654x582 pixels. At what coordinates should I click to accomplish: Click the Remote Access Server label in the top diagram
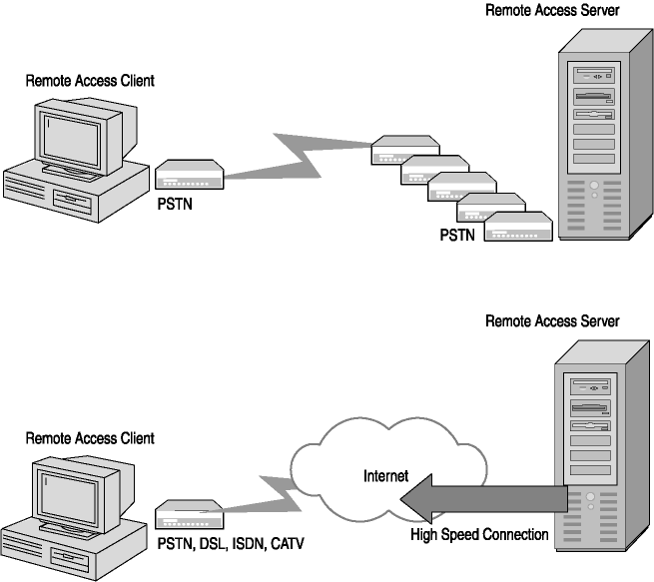coord(551,11)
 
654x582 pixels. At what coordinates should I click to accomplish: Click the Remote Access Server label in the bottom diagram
coord(551,321)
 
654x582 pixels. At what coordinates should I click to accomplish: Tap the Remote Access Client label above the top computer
coord(90,80)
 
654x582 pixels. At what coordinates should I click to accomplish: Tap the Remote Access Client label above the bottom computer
coord(90,438)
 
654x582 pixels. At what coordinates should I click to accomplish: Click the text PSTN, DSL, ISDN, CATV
coord(231,543)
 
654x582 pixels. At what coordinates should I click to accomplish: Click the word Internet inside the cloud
coord(385,476)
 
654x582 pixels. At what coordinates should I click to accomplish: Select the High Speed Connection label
coord(479,535)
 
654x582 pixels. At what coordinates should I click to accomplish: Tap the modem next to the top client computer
coord(189,176)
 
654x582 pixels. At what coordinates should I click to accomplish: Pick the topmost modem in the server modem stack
coord(404,152)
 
